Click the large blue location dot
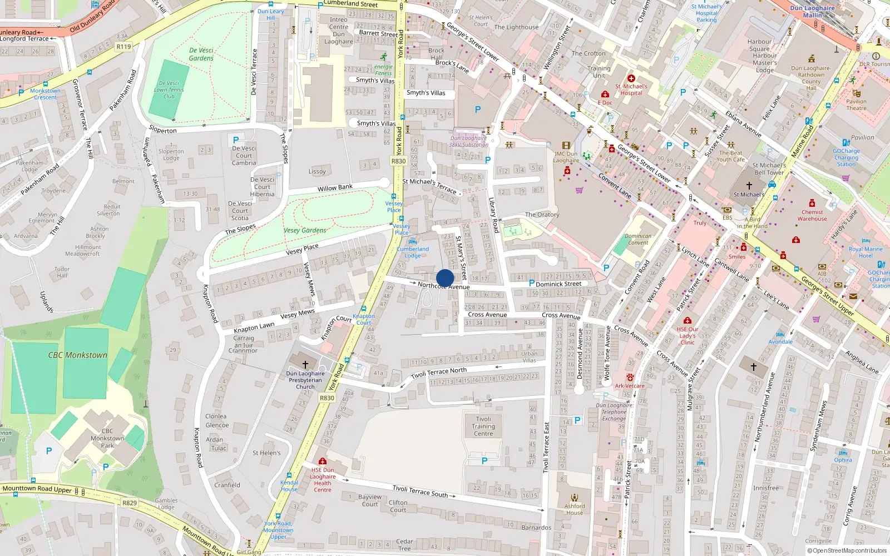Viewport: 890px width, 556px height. (445, 278)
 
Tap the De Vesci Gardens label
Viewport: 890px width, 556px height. (201, 54)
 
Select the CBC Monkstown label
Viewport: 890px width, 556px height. (77, 355)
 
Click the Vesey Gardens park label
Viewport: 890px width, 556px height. (305, 230)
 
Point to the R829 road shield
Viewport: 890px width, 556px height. (130, 503)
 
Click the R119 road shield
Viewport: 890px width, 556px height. (123, 47)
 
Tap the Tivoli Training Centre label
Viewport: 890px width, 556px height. (483, 426)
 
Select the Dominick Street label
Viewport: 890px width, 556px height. (558, 284)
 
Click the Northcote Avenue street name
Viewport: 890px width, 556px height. (444, 286)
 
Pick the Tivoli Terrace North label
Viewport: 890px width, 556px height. (439, 373)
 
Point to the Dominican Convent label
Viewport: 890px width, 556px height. (638, 239)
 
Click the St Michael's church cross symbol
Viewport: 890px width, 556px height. (749, 186)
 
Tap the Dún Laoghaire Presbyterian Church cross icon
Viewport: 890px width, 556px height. (305, 364)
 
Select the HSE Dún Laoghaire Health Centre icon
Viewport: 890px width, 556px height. (322, 461)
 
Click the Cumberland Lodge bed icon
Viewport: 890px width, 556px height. (412, 241)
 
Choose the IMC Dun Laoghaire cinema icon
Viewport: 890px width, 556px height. (566, 146)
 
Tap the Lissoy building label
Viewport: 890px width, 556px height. (317, 171)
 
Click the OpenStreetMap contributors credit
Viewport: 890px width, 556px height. (847, 550)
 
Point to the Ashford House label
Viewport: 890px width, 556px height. (575, 509)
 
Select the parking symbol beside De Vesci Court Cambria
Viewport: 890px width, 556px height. (236, 140)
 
